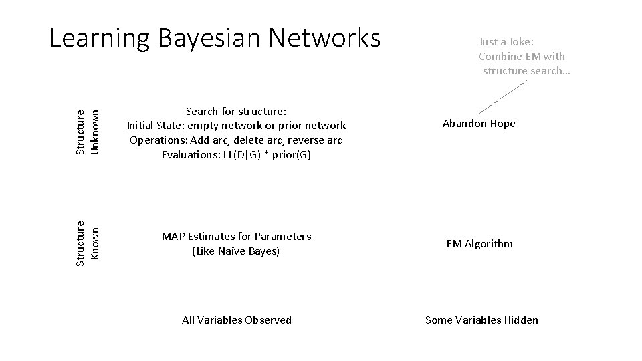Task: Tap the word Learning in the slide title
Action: pyautogui.click(x=100, y=39)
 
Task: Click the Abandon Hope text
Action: pyautogui.click(x=479, y=124)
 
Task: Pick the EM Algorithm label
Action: pyautogui.click(x=479, y=244)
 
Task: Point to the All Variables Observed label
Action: pyautogui.click(x=237, y=320)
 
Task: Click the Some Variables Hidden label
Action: pyautogui.click(x=481, y=320)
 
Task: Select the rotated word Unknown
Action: pyautogui.click(x=96, y=132)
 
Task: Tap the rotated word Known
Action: pyautogui.click(x=96, y=244)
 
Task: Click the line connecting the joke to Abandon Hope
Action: pyautogui.click(x=504, y=96)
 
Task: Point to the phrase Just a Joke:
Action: pyautogui.click(x=506, y=42)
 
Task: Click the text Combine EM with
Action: pyautogui.click(x=522, y=57)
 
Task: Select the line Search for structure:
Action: pyautogui.click(x=236, y=111)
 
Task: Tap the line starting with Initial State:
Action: pyautogui.click(x=236, y=126)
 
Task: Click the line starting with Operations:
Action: pyautogui.click(x=236, y=140)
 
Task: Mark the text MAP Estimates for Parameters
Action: pyautogui.click(x=236, y=237)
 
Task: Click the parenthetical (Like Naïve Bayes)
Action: pyautogui.click(x=235, y=251)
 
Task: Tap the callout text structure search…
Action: pyautogui.click(x=526, y=71)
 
